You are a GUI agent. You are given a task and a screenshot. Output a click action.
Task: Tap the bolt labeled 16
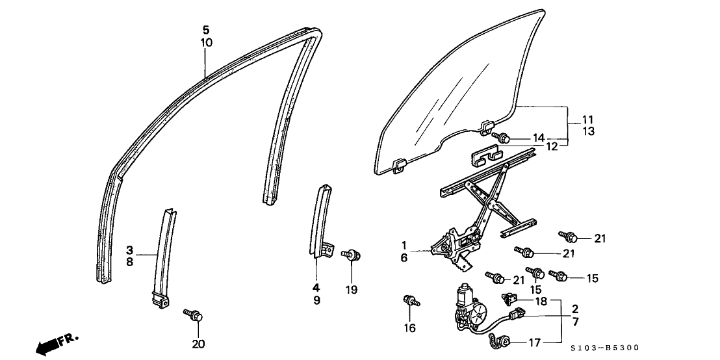tap(410, 301)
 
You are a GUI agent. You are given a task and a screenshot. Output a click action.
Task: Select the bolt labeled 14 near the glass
tap(502, 137)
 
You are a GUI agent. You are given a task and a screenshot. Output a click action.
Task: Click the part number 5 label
tap(206, 30)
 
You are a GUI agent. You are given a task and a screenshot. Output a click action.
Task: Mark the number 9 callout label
tap(316, 301)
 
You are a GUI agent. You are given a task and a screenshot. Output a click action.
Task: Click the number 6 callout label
tap(404, 258)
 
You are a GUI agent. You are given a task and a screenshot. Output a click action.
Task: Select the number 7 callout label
tap(575, 322)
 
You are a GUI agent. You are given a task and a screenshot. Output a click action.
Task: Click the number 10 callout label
tap(206, 43)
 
